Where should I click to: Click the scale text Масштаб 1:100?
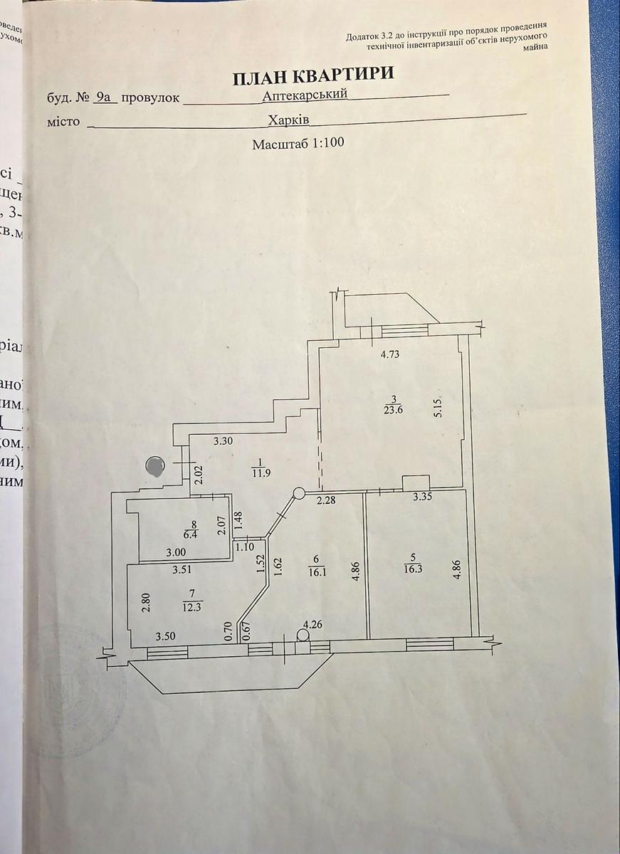[298, 143]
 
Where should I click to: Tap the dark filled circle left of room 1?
[154, 466]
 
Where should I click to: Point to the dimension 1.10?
[244, 546]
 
